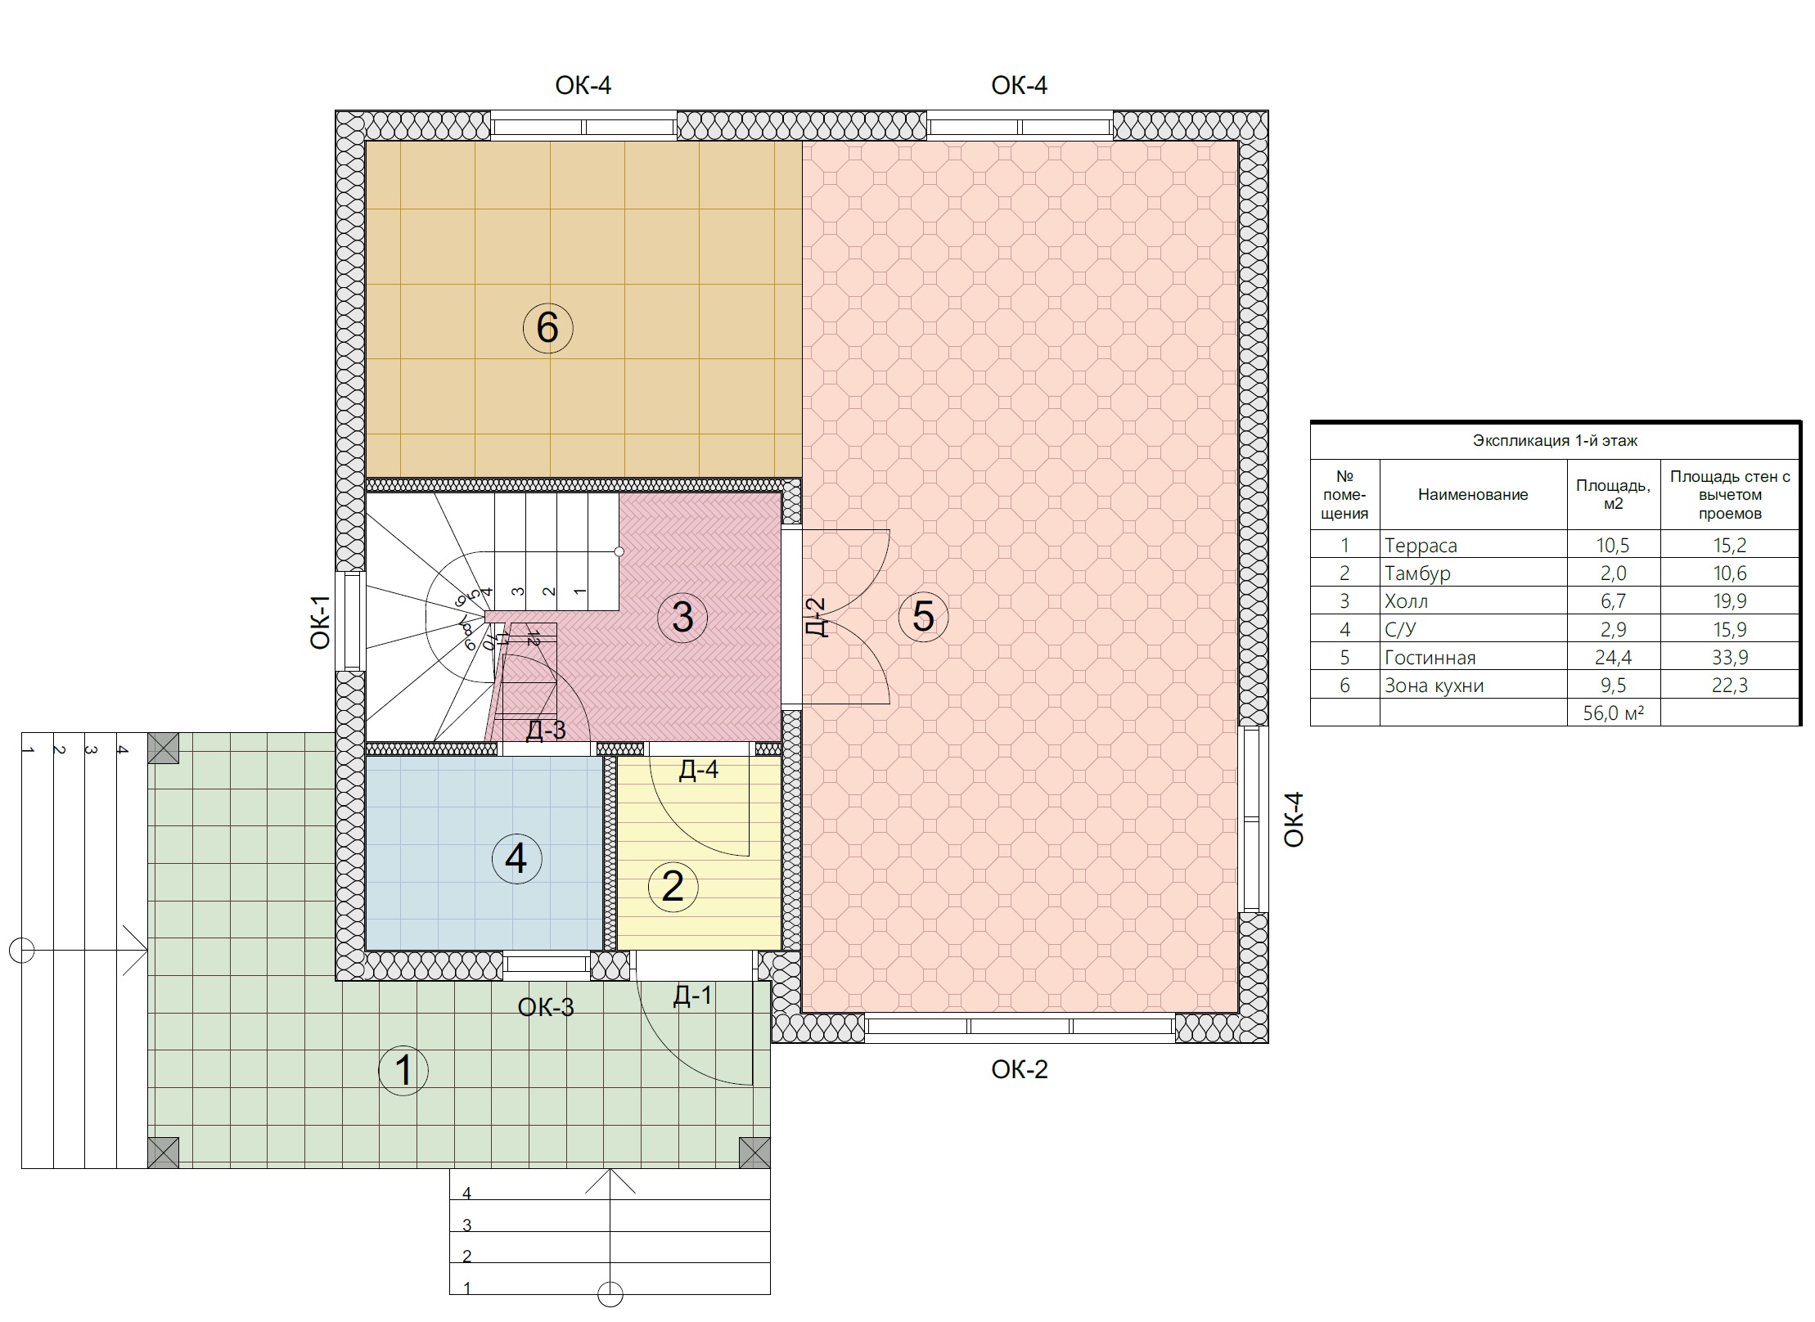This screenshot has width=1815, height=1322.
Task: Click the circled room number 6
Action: point(547,328)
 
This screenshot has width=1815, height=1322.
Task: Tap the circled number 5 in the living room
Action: point(923,616)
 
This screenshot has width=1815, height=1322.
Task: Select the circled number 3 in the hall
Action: point(682,617)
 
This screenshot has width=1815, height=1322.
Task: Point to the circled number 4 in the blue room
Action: point(516,859)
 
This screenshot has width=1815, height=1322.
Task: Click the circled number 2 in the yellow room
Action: point(673,887)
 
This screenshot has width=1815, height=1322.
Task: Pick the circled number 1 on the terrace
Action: point(403,1070)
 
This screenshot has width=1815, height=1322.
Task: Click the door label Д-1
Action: point(692,996)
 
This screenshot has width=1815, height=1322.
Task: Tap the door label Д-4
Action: point(698,770)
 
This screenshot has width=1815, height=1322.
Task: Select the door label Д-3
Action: point(545,730)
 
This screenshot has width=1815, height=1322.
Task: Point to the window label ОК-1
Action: point(320,622)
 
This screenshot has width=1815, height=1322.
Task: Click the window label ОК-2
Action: point(1019,1069)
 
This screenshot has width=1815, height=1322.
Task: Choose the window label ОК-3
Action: point(546,1007)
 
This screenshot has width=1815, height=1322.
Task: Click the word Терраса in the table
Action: point(1421,546)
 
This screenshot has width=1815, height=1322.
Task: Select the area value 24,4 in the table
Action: point(1613,658)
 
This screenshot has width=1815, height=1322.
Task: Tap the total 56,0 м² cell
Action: point(1613,713)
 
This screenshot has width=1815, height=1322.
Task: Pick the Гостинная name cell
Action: point(1430,658)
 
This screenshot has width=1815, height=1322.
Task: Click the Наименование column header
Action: point(1473,494)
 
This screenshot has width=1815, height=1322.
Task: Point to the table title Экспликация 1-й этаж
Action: point(1555,441)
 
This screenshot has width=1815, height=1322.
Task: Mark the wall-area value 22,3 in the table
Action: point(1729,686)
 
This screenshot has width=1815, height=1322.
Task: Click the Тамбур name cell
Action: point(1417,573)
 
